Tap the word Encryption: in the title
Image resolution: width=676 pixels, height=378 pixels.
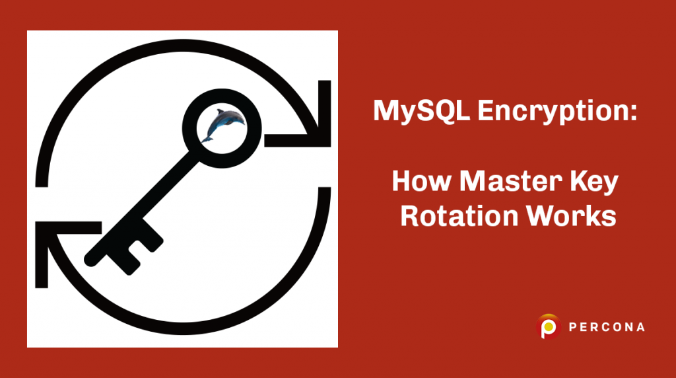point(556,112)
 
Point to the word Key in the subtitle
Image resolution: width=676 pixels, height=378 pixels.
point(596,182)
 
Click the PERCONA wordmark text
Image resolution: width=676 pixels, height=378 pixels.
point(605,326)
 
